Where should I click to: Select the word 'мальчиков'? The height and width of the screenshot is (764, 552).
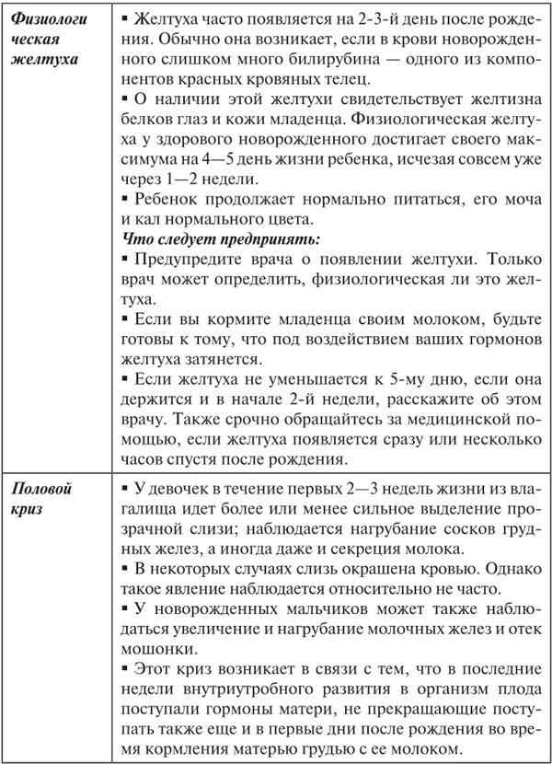coord(292,610)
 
